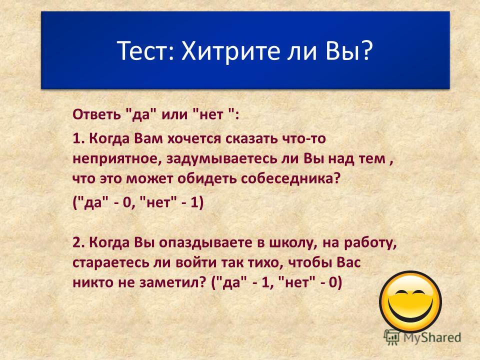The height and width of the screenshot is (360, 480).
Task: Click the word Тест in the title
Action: (143, 51)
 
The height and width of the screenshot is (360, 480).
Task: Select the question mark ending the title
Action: (365, 50)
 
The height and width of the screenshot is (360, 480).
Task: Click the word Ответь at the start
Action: (96, 114)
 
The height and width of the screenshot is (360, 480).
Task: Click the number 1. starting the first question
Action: (78, 138)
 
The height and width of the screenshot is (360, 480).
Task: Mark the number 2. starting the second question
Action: (79, 242)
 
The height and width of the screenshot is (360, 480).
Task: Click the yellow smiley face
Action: (410, 302)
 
